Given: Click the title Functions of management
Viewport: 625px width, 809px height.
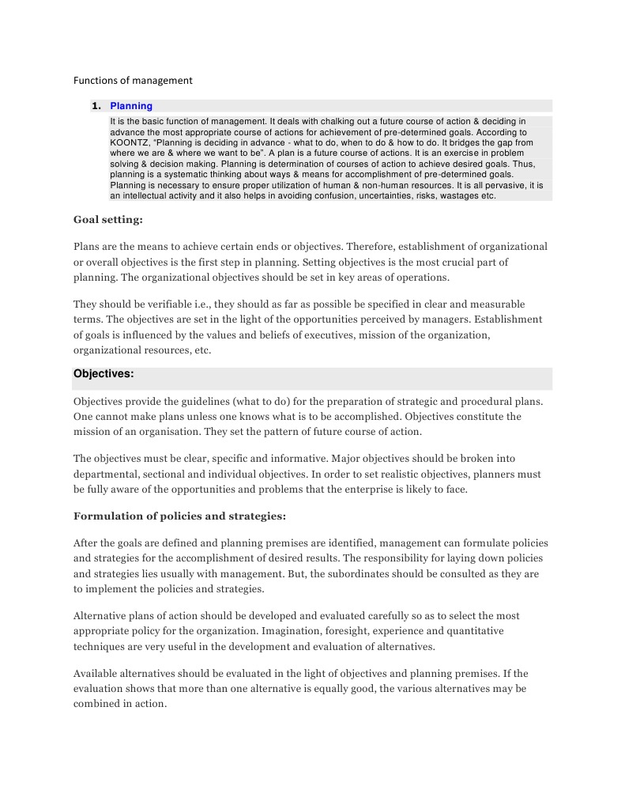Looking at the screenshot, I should pyautogui.click(x=133, y=80).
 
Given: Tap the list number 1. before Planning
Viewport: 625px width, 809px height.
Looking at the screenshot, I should pyautogui.click(x=96, y=106).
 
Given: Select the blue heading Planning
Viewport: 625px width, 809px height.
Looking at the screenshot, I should pyautogui.click(x=131, y=106).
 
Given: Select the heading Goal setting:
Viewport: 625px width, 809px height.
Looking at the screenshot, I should pyautogui.click(x=108, y=220).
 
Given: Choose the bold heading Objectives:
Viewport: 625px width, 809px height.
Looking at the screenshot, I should pyautogui.click(x=104, y=373).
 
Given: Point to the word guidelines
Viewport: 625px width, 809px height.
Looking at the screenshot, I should pyautogui.click(x=197, y=402).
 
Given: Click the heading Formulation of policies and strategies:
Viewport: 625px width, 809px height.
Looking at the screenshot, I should pyautogui.click(x=179, y=516).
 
